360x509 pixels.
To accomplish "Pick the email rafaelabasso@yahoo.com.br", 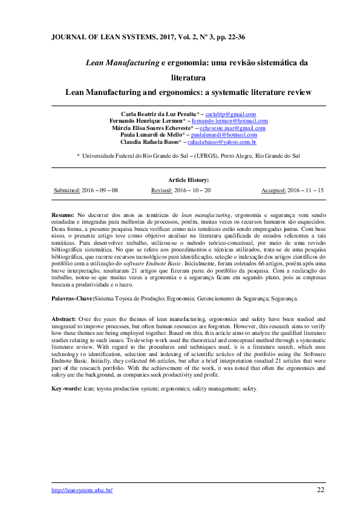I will point(222,142).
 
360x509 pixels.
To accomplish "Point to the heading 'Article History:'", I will point(189,180).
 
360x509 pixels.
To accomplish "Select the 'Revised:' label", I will point(162,190).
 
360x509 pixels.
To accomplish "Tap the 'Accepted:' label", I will point(273,190).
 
